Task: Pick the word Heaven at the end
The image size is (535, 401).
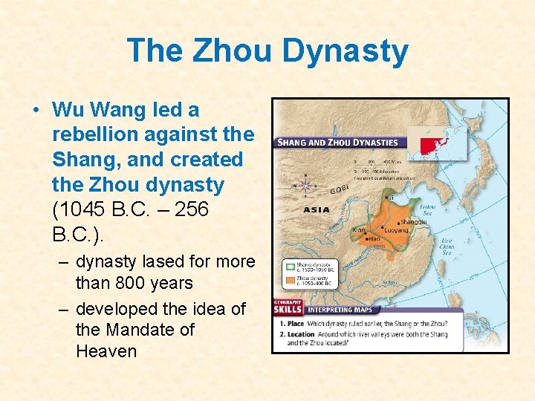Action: click(106, 351)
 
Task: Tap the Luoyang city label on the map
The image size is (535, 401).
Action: click(397, 230)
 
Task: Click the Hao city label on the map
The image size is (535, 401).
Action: click(374, 238)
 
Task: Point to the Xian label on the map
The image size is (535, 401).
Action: click(358, 231)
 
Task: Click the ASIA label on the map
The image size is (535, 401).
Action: click(317, 209)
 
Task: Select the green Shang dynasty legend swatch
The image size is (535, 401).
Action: click(290, 265)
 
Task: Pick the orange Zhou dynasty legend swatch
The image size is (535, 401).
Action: click(290, 281)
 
